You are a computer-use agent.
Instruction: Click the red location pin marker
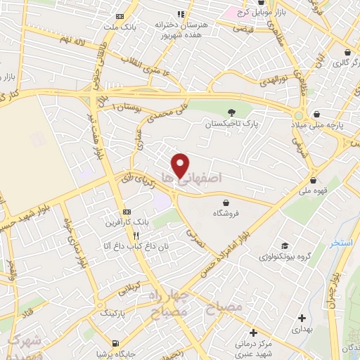tap(181, 165)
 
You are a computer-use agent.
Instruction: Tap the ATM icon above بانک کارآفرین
tap(127, 212)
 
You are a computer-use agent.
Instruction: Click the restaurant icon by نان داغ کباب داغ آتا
tap(137, 236)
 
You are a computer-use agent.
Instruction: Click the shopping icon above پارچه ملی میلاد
tap(317, 114)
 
